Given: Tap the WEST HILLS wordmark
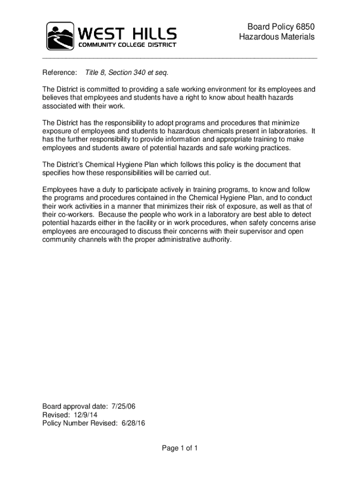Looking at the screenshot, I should click(x=127, y=33).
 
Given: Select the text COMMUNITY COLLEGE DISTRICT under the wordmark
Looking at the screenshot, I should click(x=127, y=45).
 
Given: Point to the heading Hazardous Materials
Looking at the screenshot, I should click(x=277, y=37).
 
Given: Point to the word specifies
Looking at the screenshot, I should click(x=57, y=173).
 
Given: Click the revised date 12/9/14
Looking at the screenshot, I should click(x=84, y=414).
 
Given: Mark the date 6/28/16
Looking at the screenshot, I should click(x=133, y=423).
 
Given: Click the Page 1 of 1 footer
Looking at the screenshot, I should click(x=180, y=449).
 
